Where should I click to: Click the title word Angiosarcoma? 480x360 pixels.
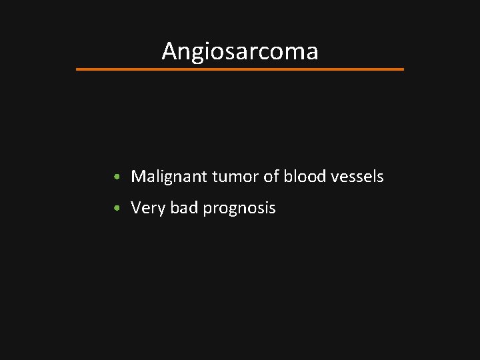click(239, 51)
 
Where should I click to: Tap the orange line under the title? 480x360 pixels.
click(240, 69)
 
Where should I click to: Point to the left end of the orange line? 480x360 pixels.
click(77, 69)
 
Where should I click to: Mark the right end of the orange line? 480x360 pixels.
click(403, 69)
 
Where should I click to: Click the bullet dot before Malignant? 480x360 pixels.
click(117, 177)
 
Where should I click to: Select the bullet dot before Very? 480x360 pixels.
click(117, 209)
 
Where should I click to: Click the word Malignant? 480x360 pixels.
click(169, 177)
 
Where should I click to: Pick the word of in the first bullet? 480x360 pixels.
click(271, 177)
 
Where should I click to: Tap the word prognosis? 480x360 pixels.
click(239, 209)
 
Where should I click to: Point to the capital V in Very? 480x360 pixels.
click(136, 208)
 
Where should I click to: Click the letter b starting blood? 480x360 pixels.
click(287, 177)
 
